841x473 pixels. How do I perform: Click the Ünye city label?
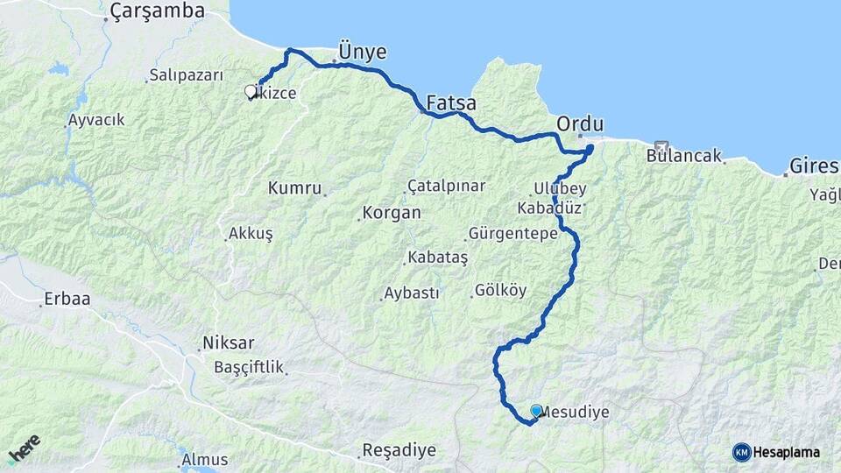[x=362, y=51]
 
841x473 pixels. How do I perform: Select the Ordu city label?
[x=580, y=122]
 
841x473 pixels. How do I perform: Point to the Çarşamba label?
[x=158, y=11]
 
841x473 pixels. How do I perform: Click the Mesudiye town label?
[x=575, y=411]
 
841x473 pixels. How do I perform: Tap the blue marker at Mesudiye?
[x=536, y=410]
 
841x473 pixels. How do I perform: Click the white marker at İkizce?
[x=251, y=90]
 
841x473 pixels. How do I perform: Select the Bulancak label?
[x=684, y=157]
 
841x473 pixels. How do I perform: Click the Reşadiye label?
[x=399, y=451]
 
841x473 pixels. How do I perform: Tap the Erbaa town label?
[x=66, y=300]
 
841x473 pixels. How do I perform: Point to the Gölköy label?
[x=500, y=290]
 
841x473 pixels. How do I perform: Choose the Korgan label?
[x=390, y=213]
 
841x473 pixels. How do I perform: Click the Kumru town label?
[x=296, y=188]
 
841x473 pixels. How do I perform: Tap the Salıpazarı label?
[x=187, y=75]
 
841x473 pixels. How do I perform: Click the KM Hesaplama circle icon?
[x=742, y=452]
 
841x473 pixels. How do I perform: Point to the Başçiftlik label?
[x=250, y=367]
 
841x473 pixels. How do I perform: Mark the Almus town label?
[x=204, y=459]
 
